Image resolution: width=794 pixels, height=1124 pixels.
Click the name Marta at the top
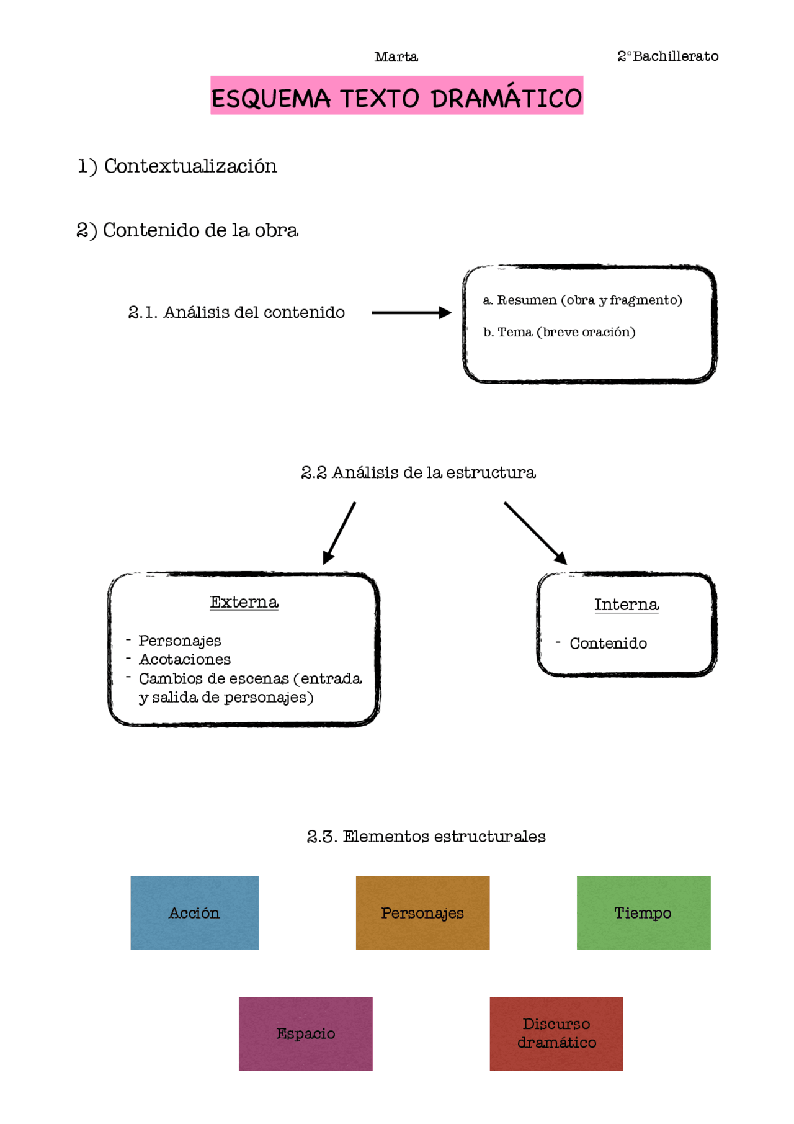tap(396, 57)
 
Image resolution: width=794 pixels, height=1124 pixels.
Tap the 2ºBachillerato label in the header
tap(667, 56)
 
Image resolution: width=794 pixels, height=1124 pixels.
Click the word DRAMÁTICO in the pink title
tap(506, 98)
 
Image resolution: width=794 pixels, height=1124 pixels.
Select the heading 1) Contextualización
tap(177, 166)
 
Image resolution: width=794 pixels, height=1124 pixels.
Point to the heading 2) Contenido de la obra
tap(187, 230)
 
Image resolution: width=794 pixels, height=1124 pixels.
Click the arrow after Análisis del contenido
tap(411, 313)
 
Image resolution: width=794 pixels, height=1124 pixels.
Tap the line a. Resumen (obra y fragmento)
tap(582, 300)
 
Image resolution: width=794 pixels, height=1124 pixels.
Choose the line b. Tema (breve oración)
tap(559, 332)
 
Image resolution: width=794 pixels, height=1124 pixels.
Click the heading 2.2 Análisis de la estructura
tap(418, 473)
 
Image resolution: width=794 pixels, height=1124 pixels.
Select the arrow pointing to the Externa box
tap(339, 533)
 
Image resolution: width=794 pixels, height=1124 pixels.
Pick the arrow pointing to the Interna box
tap(535, 533)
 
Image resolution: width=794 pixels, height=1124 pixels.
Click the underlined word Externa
tap(244, 602)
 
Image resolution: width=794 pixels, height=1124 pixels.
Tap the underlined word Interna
tap(626, 605)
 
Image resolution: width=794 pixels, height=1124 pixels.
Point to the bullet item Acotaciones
tap(184, 660)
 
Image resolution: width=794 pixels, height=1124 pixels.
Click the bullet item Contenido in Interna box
tap(608, 644)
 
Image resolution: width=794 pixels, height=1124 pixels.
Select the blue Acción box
tap(194, 912)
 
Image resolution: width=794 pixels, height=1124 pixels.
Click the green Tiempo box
tap(643, 912)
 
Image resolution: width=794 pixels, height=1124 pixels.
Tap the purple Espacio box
tap(305, 1033)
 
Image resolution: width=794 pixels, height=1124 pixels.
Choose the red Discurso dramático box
tap(556, 1033)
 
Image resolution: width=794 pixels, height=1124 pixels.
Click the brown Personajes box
tap(422, 912)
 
